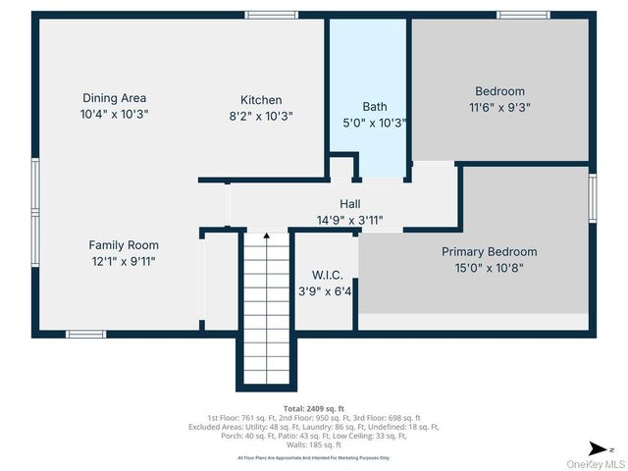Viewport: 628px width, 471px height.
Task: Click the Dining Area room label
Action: tap(114, 98)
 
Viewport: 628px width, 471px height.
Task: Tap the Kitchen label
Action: tap(261, 100)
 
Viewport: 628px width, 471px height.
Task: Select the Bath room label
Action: tap(375, 107)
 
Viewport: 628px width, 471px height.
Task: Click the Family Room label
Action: tap(124, 245)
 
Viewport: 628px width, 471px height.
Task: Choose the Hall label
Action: tap(350, 204)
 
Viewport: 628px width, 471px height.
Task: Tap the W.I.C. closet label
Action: tap(328, 276)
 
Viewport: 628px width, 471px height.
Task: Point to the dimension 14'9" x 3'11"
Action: tap(349, 220)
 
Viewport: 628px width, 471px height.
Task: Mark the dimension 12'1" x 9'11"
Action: tap(123, 261)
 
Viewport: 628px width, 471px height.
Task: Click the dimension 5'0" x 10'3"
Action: tap(375, 124)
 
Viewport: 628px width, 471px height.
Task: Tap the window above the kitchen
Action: tap(271, 15)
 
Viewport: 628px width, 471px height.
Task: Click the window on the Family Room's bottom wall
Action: tap(85, 335)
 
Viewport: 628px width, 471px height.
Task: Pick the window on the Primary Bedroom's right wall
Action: tap(593, 200)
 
